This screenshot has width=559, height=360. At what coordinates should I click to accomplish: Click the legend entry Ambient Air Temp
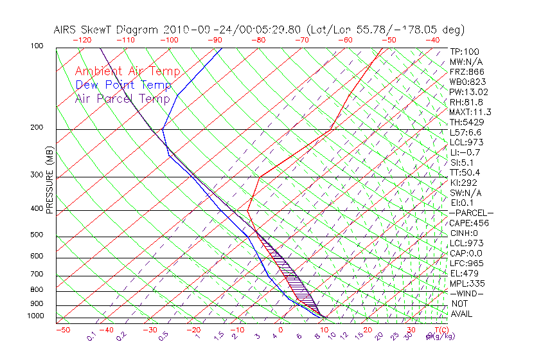pyautogui.click(x=127, y=71)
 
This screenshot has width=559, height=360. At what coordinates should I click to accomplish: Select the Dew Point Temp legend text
pyautogui.click(x=123, y=85)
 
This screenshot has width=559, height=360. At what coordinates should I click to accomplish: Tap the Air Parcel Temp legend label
pyautogui.click(x=122, y=98)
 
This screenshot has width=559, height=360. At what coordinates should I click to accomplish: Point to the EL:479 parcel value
pyautogui.click(x=463, y=273)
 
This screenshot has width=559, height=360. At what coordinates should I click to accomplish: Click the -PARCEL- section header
pyautogui.click(x=471, y=213)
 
